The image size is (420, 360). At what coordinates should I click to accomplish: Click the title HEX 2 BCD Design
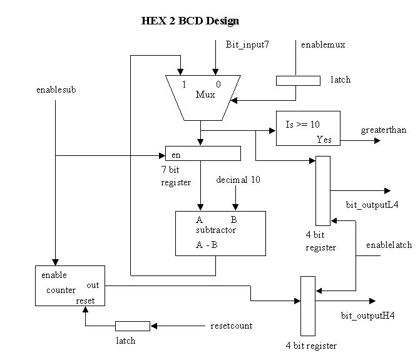click(x=190, y=21)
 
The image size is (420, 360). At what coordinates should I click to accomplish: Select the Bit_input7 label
click(x=247, y=45)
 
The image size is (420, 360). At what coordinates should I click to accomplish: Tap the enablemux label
click(x=323, y=45)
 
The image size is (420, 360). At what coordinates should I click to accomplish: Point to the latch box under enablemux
click(x=298, y=80)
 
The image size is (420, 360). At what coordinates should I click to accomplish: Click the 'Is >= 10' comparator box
click(x=308, y=129)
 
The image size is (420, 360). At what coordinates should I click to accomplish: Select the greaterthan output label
click(x=383, y=130)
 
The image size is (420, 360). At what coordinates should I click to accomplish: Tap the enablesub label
click(x=56, y=90)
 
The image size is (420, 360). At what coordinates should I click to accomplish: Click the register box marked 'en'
click(x=203, y=153)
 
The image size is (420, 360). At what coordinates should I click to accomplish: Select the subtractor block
click(x=220, y=233)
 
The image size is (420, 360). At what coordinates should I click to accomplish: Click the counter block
click(x=69, y=285)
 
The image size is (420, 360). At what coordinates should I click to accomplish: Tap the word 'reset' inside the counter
click(x=85, y=301)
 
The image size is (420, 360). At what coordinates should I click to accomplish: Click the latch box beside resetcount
click(x=132, y=326)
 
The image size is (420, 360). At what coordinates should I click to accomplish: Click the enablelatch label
click(x=389, y=245)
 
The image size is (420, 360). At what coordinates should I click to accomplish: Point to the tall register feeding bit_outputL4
click(x=322, y=191)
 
